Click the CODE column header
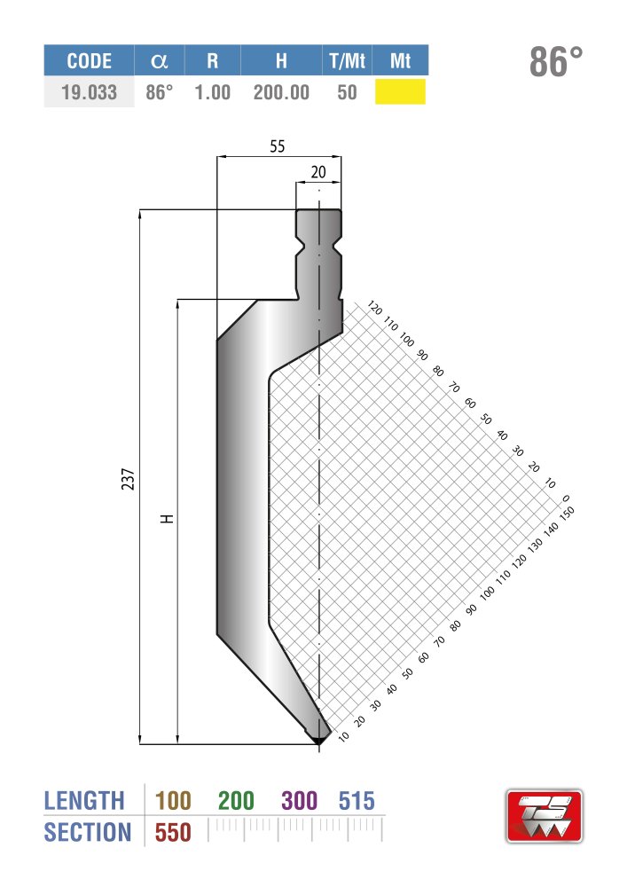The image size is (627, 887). [89, 60]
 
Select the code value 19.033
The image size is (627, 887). [89, 92]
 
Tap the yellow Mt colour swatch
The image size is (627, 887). [400, 91]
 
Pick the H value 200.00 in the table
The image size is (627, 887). [281, 92]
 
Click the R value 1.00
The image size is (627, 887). [213, 92]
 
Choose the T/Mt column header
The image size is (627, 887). [347, 60]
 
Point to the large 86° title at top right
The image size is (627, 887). [556, 62]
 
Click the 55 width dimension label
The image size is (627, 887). [277, 146]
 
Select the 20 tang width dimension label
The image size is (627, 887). [318, 172]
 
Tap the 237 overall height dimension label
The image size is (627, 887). [129, 479]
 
